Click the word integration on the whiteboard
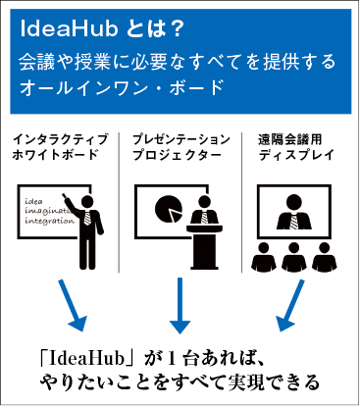(x=49, y=225)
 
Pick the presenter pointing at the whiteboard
(x=91, y=227)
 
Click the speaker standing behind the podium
(x=204, y=216)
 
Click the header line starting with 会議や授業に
(x=177, y=62)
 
